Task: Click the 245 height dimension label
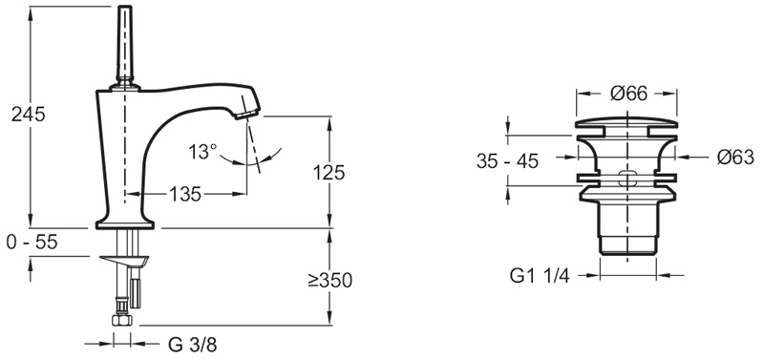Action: pos(29,115)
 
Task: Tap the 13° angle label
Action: pos(202,152)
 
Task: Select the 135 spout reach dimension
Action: pos(185,194)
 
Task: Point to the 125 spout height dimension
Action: pos(329,172)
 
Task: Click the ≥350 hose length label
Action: pos(329,280)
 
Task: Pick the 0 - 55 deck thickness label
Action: pos(32,242)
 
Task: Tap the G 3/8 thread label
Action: pos(192,345)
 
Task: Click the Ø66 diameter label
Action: pos(628,94)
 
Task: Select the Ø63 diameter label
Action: pos(735,158)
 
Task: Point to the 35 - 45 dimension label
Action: pos(507,161)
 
